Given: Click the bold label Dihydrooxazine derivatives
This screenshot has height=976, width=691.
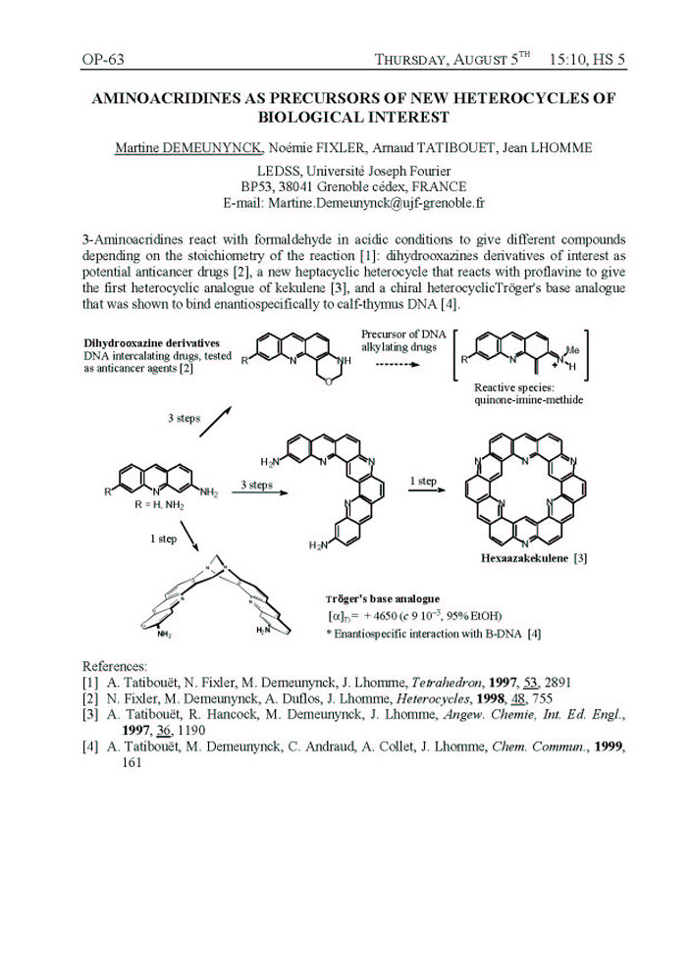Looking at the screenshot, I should pyautogui.click(x=142, y=341).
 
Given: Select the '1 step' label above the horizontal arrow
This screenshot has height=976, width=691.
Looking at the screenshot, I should pyautogui.click(x=423, y=481).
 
